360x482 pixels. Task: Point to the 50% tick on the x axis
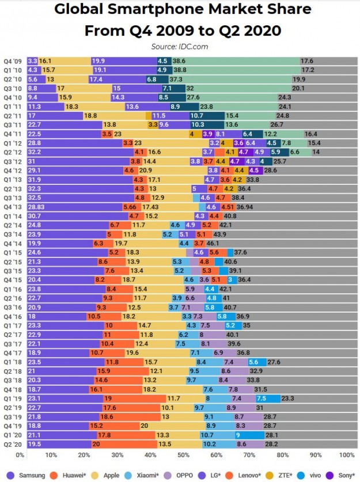pos(183,455)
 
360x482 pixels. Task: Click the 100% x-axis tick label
pos(347,455)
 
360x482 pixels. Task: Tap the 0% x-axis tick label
pos(20,455)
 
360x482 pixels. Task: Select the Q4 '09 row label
pos(13,60)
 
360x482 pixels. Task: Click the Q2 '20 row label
pos(13,444)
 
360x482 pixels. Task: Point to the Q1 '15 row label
pos(13,252)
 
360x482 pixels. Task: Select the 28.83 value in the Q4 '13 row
pos(36,207)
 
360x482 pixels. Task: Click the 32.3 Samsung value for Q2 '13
pos(35,188)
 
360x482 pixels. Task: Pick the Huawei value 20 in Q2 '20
pos(96,444)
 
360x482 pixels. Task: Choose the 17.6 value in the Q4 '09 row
pos(306,60)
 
